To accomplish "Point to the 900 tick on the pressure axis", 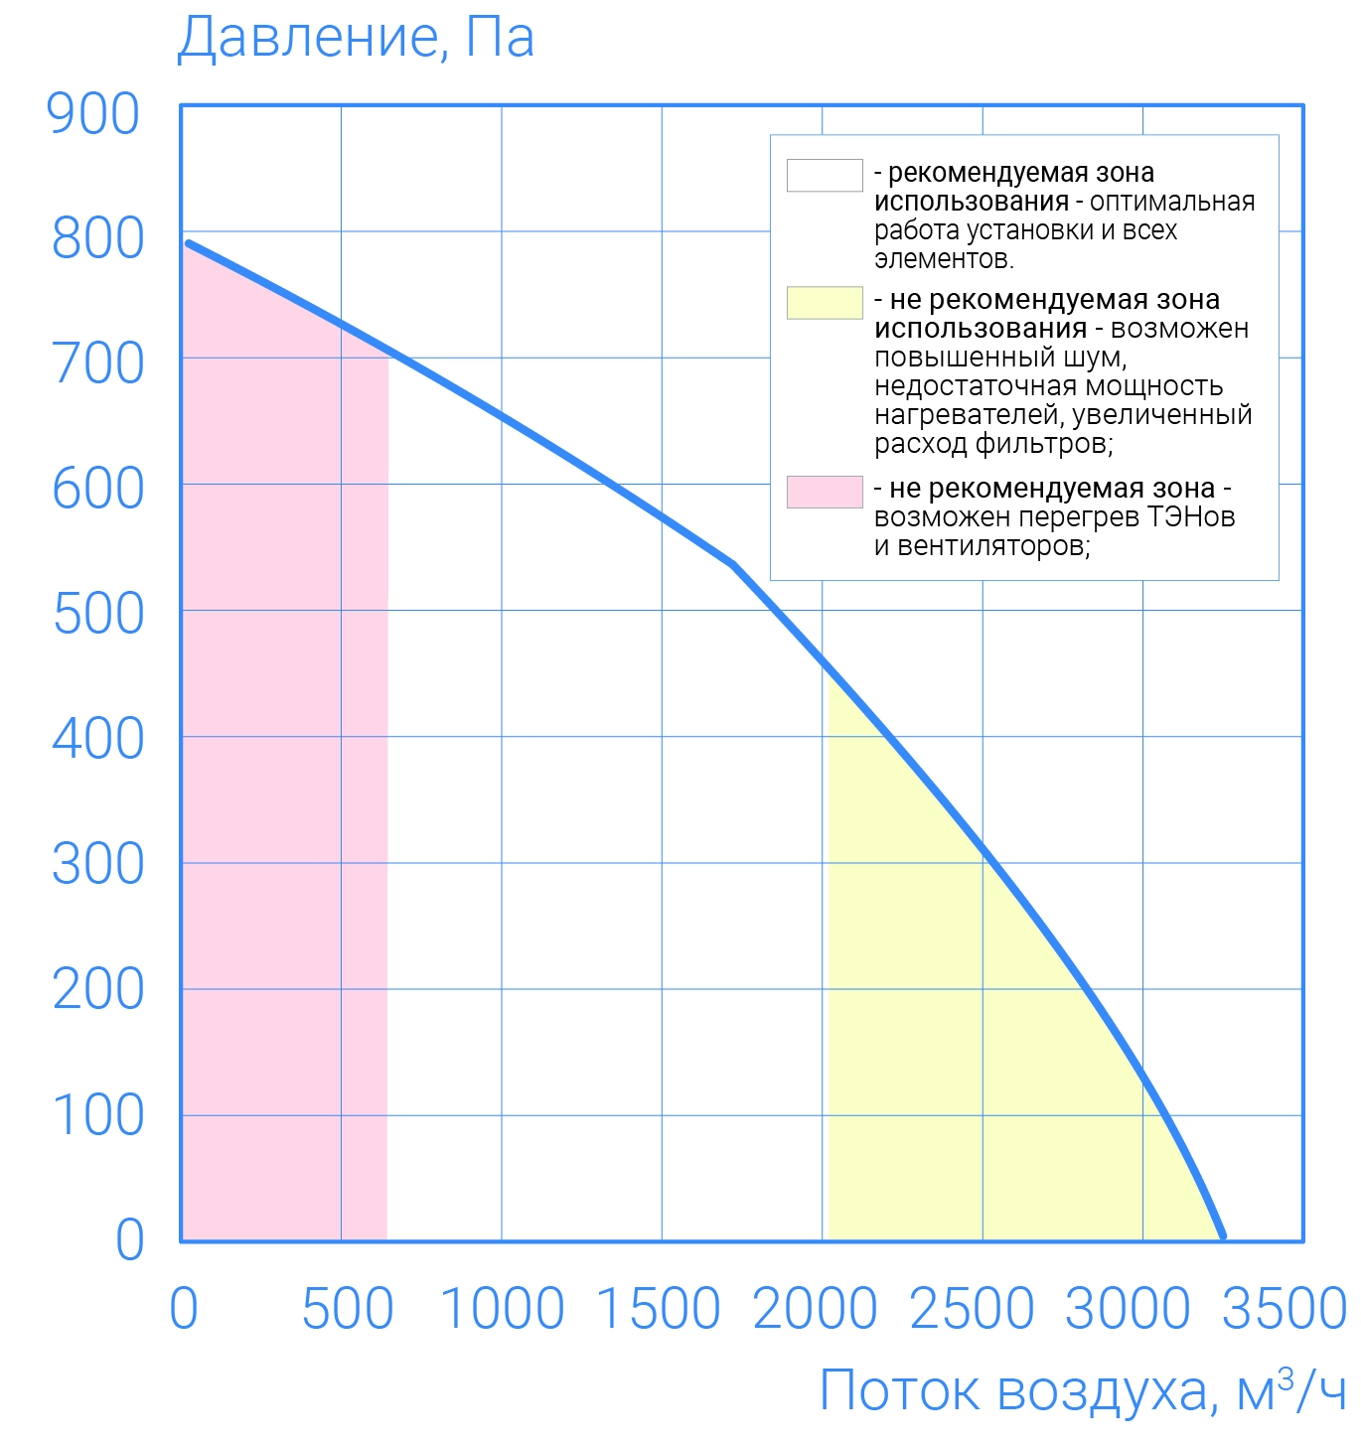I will click(93, 114).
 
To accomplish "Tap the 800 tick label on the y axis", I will click(97, 239).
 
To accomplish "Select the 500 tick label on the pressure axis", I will click(97, 615).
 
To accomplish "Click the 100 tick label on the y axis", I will click(97, 1115).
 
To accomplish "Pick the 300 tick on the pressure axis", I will click(97, 865).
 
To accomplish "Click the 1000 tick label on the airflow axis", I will click(502, 1309).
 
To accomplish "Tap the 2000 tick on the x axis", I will click(816, 1309).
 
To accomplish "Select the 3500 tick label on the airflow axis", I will click(1284, 1309).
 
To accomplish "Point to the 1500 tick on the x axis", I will click(659, 1309).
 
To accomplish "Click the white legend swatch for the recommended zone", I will click(825, 175).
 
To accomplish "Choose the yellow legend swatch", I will click(825, 303).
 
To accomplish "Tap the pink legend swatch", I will click(825, 492).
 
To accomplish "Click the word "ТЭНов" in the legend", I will click(1191, 517).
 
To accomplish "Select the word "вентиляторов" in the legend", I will click(993, 546).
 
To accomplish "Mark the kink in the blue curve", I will click(733, 564).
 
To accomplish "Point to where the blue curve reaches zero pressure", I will click(1223, 1236).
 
